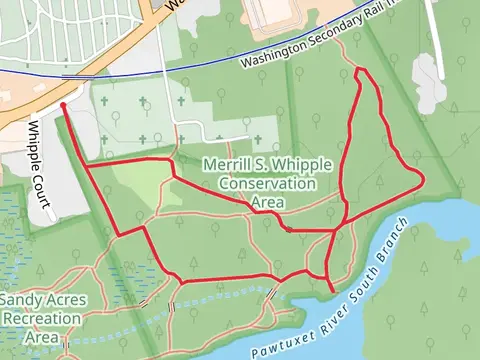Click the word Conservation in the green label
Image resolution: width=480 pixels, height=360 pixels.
(267, 184)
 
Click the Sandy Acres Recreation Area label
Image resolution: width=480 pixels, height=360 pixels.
(43, 318)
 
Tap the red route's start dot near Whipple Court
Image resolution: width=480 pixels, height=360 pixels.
(63, 103)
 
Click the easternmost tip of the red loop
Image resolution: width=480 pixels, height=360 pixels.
(424, 178)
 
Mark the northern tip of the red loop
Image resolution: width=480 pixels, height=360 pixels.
(359, 70)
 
